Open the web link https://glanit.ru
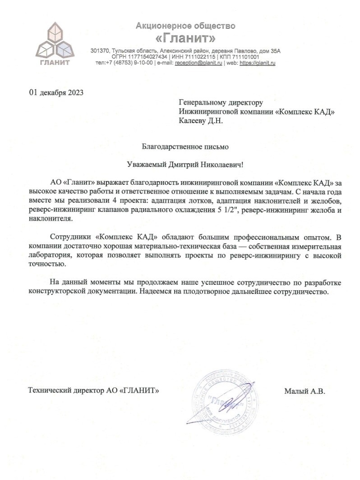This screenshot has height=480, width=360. click(x=257, y=63)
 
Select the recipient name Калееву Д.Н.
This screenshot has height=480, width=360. click(x=201, y=120)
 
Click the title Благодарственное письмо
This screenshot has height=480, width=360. click(x=185, y=146)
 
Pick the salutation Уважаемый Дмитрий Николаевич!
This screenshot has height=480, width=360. click(x=185, y=165)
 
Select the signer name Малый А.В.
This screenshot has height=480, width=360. click(x=305, y=391)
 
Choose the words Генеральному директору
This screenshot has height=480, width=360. click(x=221, y=103)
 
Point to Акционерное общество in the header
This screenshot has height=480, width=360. click(x=185, y=26)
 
